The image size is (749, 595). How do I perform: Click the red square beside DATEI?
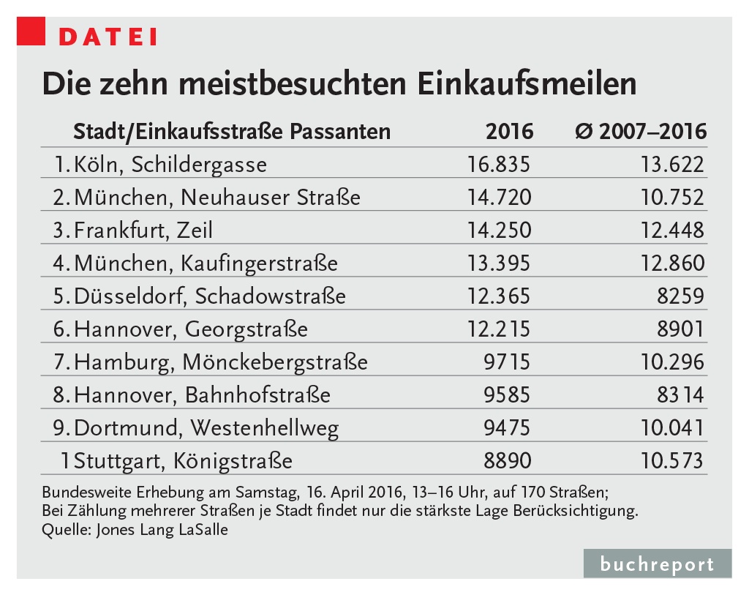31,33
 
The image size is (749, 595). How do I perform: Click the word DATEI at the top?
108,37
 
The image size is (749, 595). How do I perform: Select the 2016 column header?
509,132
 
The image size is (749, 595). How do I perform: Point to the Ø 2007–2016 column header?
641,132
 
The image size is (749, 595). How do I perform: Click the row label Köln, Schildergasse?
170,164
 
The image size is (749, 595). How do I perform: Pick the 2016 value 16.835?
498,164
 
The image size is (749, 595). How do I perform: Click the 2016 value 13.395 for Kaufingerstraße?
498,263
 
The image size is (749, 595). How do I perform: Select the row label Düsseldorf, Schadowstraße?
209,296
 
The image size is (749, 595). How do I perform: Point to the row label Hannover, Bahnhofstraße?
202,395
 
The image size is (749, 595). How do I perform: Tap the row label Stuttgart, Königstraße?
183,461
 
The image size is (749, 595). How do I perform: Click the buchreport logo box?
657,564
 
